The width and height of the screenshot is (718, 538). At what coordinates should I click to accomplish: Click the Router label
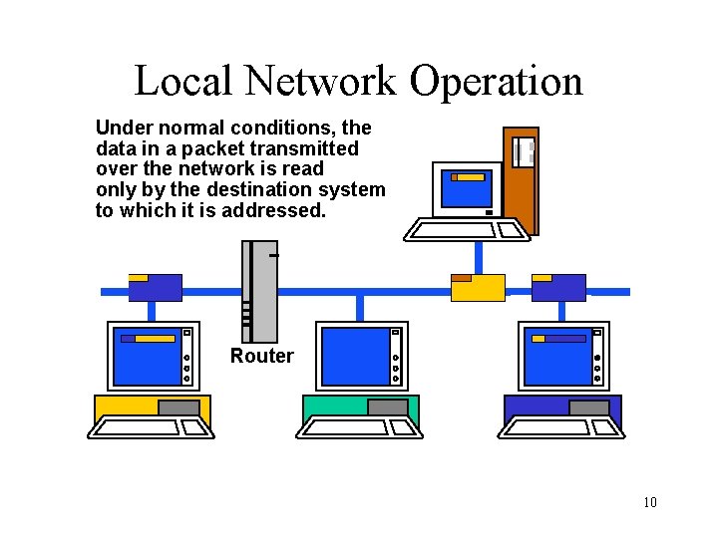click(262, 356)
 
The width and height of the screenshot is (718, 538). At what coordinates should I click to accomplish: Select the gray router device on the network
click(260, 289)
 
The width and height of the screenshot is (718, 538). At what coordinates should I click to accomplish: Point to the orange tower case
click(521, 179)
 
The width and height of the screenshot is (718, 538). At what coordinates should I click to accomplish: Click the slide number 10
click(650, 501)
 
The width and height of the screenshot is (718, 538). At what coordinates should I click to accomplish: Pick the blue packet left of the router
click(156, 287)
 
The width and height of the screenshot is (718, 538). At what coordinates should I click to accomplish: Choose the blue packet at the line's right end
click(558, 287)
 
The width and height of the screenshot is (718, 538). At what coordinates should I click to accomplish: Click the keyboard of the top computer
click(465, 231)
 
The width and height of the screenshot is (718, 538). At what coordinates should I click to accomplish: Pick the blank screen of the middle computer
click(355, 356)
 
